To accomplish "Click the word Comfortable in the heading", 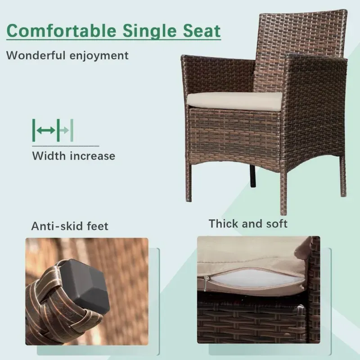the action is tap(62, 31).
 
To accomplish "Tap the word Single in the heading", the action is tap(150, 31).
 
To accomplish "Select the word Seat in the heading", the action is tap(202, 31).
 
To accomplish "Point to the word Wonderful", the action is tap(36, 55).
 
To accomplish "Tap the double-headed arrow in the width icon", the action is tap(46, 130).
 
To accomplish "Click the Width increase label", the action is tap(74, 156).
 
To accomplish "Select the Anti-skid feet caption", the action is tap(70, 226).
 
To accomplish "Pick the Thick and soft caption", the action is tap(248, 223).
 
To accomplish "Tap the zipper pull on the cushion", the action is tap(207, 283).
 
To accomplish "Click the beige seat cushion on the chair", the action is tap(234, 100).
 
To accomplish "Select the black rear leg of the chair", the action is tap(252, 175).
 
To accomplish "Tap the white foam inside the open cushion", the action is tap(255, 278).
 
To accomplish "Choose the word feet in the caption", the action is tap(97, 226).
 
